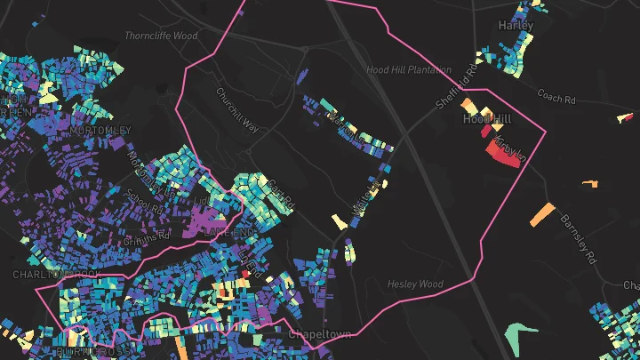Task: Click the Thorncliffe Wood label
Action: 160,36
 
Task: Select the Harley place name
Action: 516,25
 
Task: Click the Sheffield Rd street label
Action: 457,84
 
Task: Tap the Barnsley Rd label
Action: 577,238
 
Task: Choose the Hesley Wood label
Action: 415,284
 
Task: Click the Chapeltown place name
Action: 321,334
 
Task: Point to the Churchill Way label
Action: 237,109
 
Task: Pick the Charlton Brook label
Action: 55,275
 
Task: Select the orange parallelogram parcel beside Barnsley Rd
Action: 541,215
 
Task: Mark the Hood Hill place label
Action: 486,118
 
